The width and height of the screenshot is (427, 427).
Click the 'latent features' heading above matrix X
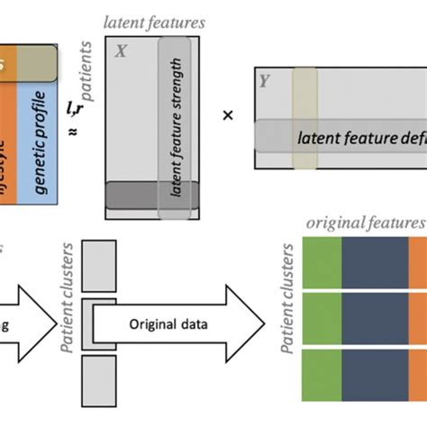(x=153, y=21)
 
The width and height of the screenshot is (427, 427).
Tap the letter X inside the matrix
(x=120, y=53)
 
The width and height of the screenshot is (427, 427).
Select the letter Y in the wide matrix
(x=265, y=80)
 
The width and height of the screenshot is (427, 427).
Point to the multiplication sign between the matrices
(x=227, y=115)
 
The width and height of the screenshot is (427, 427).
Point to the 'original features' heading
(x=365, y=223)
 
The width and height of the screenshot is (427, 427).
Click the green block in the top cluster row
(x=319, y=260)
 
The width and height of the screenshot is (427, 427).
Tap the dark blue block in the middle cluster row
(x=374, y=319)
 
